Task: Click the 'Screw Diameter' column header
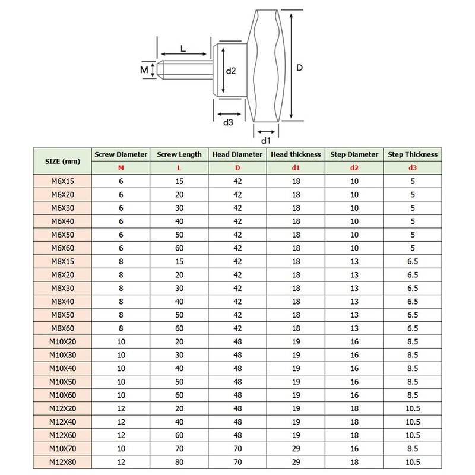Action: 121,154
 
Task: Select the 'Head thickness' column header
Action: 296,154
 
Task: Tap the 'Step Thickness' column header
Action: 413,154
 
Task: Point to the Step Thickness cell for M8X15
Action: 413,261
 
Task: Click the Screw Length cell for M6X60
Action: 179,248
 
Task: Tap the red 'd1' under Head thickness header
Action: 296,168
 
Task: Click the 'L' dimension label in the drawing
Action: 183,49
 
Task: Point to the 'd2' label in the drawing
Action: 232,70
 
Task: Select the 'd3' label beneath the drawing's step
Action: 227,122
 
